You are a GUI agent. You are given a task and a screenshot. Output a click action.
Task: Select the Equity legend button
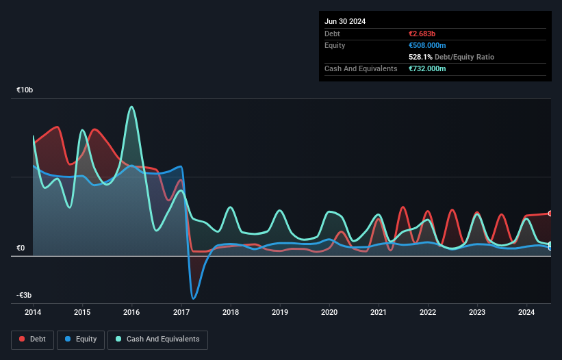coord(81,339)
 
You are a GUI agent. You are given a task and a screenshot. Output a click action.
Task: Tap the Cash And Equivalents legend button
coord(157,339)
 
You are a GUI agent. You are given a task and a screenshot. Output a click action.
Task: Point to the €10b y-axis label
coord(25,90)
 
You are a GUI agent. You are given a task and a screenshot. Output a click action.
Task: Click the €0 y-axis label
coord(21,248)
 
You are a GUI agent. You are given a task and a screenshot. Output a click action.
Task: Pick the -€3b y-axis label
coord(23,295)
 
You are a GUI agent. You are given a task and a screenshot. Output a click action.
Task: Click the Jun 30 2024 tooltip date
coord(345,21)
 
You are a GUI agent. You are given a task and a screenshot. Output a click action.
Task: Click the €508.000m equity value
coord(427,45)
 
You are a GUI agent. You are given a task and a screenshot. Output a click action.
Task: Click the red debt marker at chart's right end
coord(550,214)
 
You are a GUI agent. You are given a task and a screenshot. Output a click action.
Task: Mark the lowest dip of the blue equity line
coord(194,298)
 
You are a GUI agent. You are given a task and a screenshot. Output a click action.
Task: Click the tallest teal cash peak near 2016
coord(131,107)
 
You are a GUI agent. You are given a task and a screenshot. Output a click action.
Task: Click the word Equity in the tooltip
coord(335,45)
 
